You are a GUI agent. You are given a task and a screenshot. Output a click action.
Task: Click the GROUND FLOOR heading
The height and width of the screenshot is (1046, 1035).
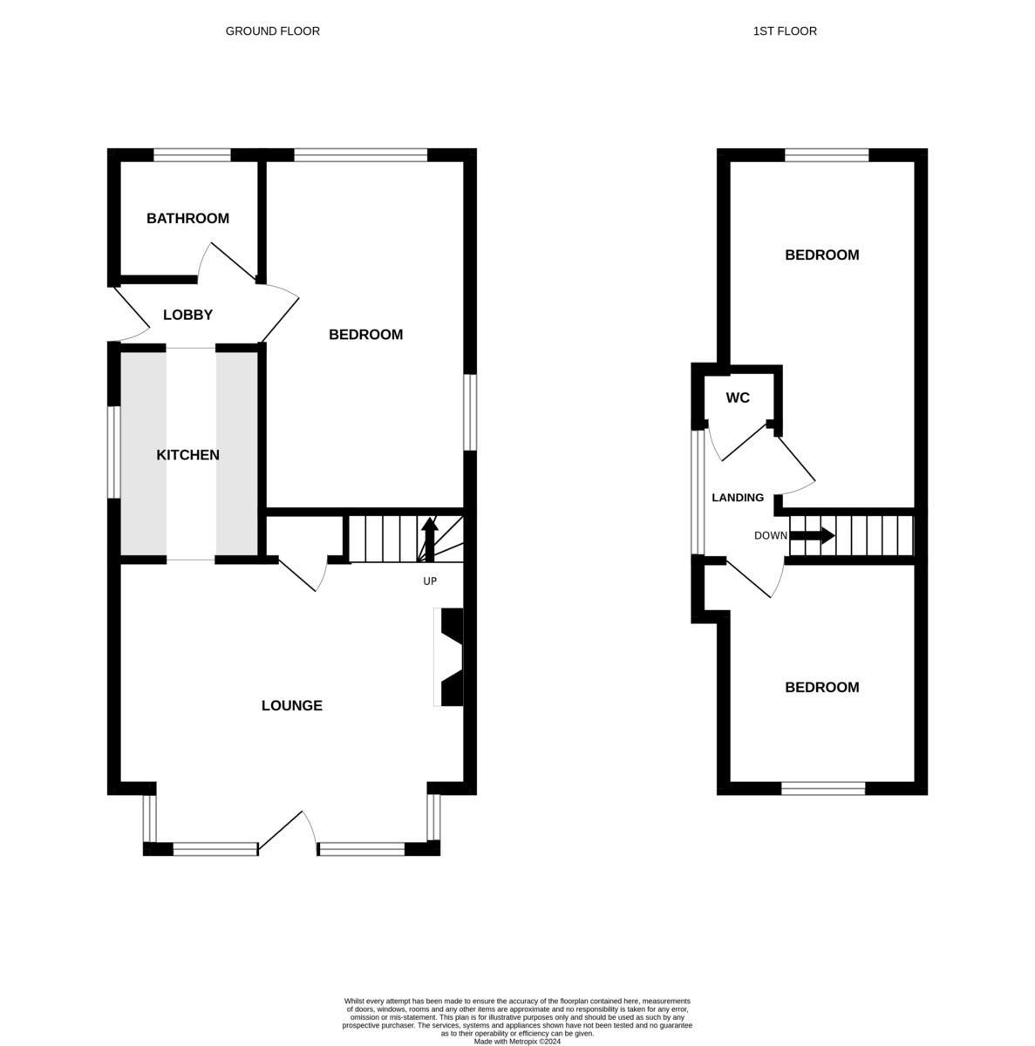272,31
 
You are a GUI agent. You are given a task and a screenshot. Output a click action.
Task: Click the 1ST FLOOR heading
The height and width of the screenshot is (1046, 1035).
785,31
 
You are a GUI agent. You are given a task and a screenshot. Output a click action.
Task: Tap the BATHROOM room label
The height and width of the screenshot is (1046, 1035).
187,219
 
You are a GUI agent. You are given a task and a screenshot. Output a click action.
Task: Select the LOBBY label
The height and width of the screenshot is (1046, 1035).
187,315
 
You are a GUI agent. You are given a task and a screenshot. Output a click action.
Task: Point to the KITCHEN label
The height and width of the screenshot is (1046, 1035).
187,455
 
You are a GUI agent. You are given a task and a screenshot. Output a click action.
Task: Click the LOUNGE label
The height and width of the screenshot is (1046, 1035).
291,706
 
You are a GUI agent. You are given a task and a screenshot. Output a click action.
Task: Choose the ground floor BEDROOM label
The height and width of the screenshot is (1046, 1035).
365,335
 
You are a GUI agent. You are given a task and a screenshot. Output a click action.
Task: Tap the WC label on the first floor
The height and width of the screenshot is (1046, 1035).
738,398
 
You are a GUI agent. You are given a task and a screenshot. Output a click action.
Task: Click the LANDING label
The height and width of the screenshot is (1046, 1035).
738,498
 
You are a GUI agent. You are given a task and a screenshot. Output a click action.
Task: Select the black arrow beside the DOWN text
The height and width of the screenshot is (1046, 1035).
812,535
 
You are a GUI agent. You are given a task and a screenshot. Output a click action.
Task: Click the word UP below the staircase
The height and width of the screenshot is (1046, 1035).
429,581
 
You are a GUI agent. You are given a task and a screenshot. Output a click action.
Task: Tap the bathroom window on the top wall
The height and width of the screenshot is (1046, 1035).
192,156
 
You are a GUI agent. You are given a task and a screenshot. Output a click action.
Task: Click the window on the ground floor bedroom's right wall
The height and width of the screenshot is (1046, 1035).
470,412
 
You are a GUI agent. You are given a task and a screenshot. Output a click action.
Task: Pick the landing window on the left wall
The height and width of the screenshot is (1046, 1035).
698,492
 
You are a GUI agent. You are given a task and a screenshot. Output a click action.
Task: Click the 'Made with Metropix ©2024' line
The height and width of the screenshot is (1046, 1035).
517,1041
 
